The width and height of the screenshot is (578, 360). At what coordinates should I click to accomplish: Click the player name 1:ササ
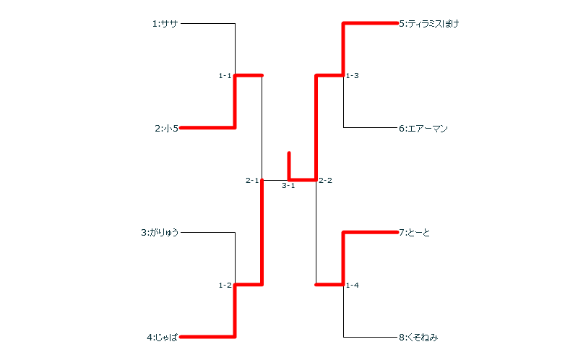tap(165, 24)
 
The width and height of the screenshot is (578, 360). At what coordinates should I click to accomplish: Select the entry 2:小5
tap(166, 129)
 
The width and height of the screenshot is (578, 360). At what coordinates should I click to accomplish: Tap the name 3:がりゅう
tap(160, 233)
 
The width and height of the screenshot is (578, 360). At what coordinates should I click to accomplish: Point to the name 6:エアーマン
tap(423, 129)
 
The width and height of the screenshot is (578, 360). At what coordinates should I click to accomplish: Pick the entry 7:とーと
tap(414, 233)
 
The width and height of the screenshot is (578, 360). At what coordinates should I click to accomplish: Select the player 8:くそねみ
tap(418, 337)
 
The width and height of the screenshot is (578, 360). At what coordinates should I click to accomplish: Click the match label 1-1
tap(225, 76)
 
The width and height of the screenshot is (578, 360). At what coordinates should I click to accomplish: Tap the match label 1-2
tap(225, 286)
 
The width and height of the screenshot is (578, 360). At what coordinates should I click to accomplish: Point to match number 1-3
tap(353, 76)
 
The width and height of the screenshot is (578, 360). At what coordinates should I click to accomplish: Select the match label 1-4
tap(353, 286)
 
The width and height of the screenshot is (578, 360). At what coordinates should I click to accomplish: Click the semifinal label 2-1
tap(252, 181)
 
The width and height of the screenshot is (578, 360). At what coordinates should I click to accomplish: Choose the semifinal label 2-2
tap(325, 181)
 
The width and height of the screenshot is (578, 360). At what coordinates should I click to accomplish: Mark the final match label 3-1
tap(288, 186)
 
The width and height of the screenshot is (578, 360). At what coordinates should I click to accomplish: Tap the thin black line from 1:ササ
tap(208, 24)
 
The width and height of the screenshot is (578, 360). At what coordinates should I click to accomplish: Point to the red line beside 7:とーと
tap(370, 232)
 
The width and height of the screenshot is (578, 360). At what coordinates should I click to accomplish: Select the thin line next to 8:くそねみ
tap(370, 337)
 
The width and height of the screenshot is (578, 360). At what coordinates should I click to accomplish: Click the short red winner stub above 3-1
tap(289, 163)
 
